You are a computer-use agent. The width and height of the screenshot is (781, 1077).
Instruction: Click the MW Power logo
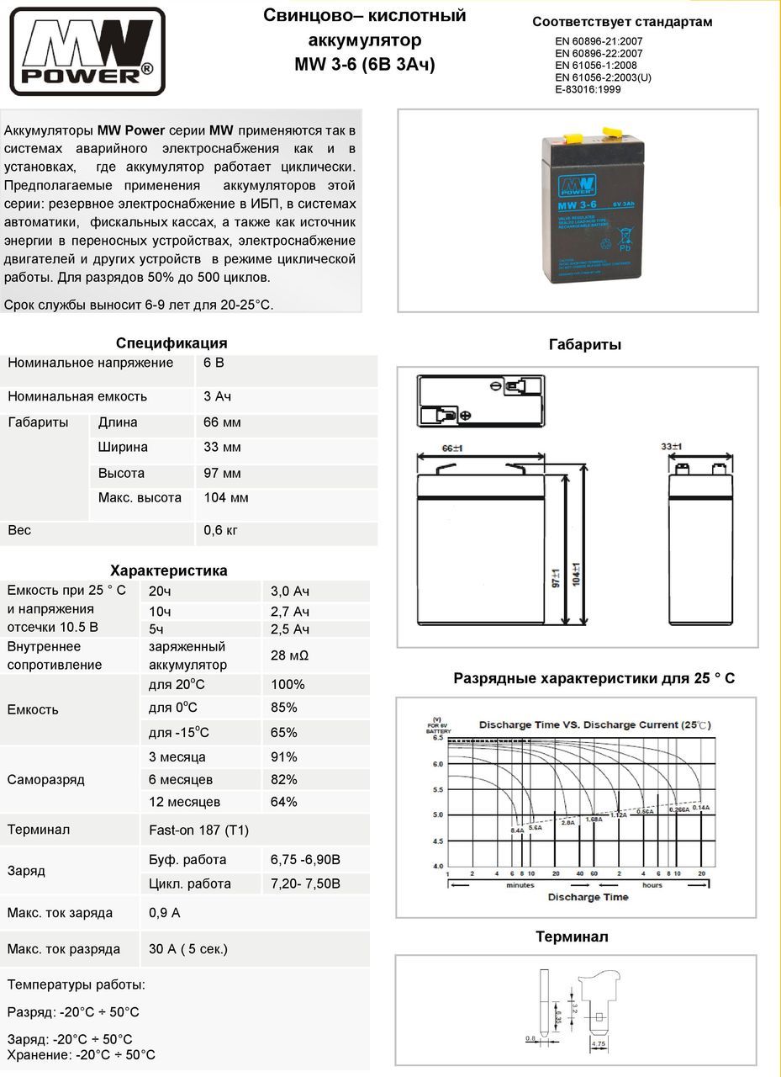[x=87, y=51]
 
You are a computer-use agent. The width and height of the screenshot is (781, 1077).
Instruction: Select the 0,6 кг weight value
[x=220, y=531]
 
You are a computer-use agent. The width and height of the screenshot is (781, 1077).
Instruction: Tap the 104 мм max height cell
[x=226, y=498]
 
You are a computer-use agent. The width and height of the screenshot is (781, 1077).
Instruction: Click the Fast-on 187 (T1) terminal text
[x=198, y=830]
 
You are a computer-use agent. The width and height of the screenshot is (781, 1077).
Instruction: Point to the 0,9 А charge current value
[x=165, y=913]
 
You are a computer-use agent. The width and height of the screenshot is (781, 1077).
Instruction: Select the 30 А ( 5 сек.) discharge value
[x=188, y=949]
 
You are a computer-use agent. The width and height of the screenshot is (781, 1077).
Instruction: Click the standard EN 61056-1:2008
[x=596, y=66]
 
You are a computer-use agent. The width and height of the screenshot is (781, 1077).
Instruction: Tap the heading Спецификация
[x=172, y=343]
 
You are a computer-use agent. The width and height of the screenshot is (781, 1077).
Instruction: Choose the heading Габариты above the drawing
[x=585, y=345]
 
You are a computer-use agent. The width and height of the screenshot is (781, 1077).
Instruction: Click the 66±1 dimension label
[x=452, y=448]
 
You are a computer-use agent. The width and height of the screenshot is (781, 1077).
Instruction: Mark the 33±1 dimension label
[x=672, y=447]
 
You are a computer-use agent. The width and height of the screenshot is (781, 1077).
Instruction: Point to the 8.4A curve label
[x=518, y=830]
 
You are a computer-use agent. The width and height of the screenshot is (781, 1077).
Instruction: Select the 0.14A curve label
[x=701, y=808]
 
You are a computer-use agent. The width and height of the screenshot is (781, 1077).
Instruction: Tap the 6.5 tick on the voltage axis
[x=438, y=738]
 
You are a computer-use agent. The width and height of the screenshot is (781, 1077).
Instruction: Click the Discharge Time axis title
[x=588, y=897]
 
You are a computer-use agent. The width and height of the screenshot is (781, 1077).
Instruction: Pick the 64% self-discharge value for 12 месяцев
[x=284, y=802]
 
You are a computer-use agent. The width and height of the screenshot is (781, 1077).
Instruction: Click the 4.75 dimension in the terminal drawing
[x=599, y=1044]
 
